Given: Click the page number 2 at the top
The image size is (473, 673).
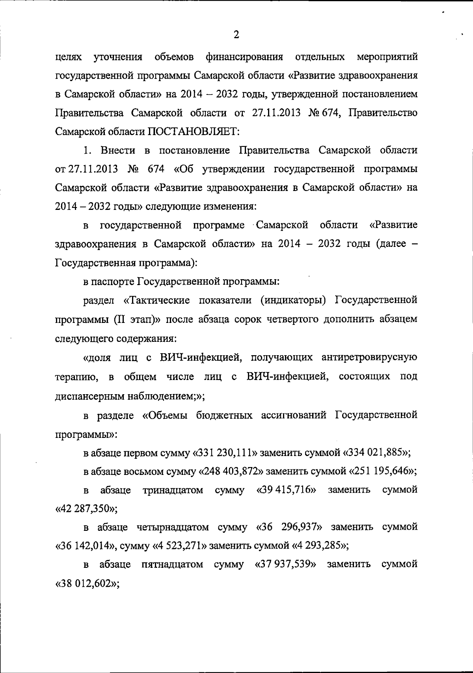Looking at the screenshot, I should (236, 35).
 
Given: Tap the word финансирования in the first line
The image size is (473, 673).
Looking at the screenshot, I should (244, 57).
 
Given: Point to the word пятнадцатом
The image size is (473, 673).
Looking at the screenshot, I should (172, 564).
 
